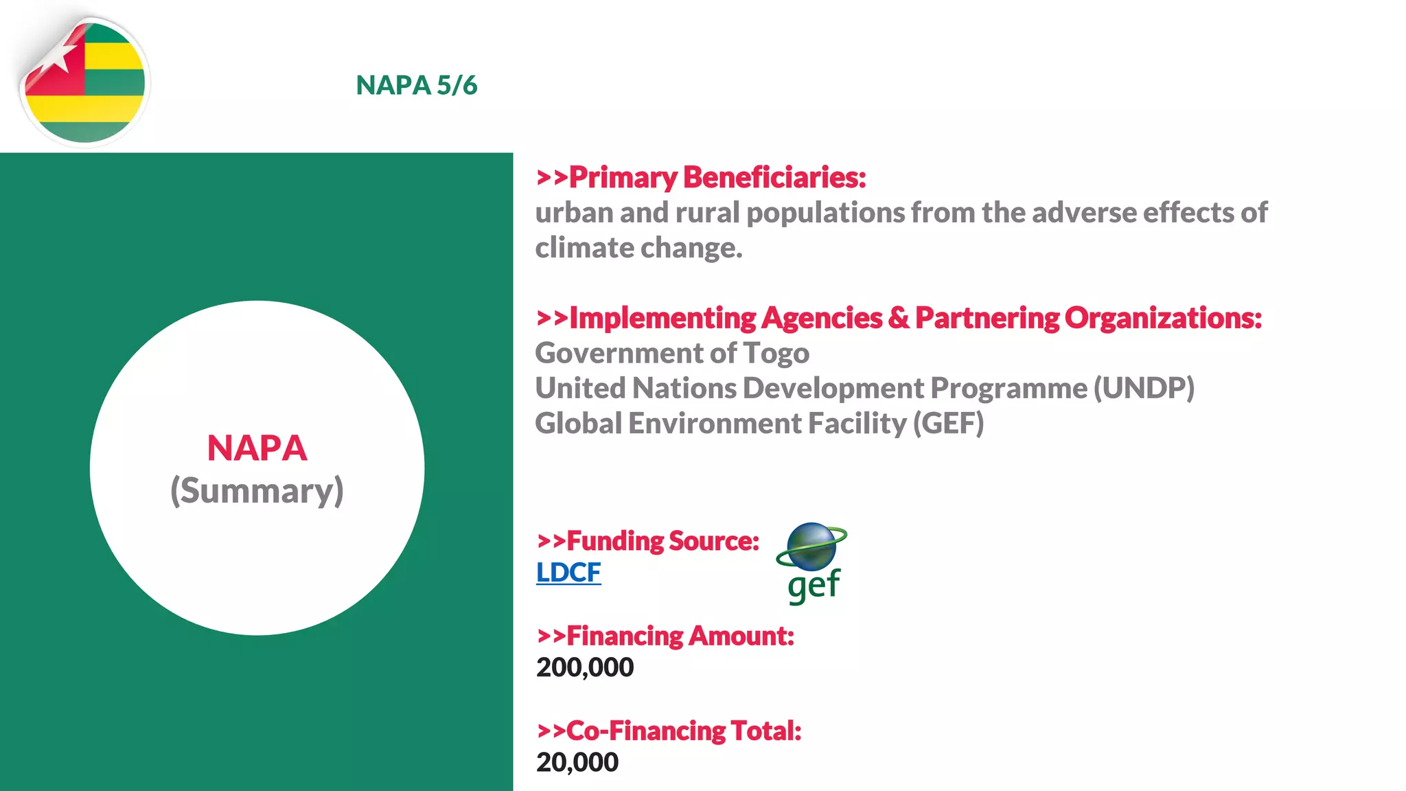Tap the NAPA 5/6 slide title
point(416,85)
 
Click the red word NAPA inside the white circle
point(257,448)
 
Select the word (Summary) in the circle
point(257,491)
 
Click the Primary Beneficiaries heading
point(701,177)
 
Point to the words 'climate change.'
point(638,248)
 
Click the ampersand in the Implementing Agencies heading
point(898,318)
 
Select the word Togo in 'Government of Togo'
point(776,353)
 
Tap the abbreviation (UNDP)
point(1144,388)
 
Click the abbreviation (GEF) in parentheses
point(948,423)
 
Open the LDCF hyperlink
point(568,572)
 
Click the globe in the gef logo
point(811,547)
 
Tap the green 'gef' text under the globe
point(814,586)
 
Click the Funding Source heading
point(648,541)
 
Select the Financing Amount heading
point(665,636)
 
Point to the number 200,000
point(585,667)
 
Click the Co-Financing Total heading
point(669,731)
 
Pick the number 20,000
point(577,762)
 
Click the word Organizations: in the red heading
point(1163,318)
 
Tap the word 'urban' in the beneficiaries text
point(574,213)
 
